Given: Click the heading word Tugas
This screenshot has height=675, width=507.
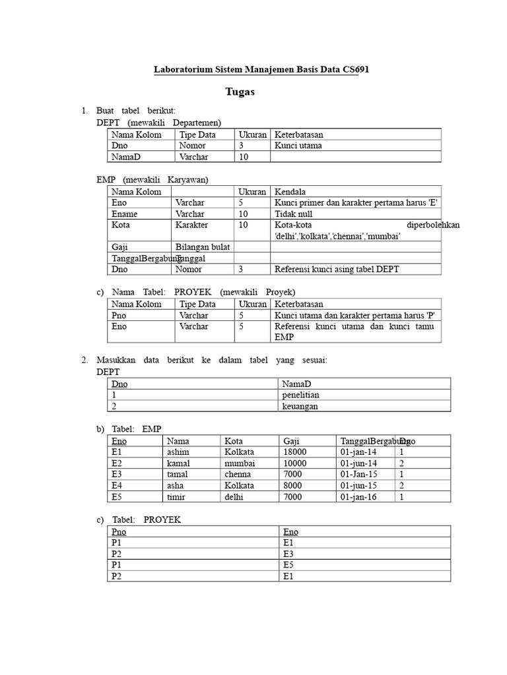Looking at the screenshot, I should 240,92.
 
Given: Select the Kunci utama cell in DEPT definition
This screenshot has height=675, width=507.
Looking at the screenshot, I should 298,146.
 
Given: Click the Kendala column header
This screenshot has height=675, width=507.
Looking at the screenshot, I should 290,192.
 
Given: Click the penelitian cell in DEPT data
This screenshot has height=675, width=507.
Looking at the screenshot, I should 300,395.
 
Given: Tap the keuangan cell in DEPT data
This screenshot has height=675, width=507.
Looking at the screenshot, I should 300,406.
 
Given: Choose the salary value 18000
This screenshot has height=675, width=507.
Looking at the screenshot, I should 295,452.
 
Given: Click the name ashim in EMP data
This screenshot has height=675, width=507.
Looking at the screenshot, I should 178,452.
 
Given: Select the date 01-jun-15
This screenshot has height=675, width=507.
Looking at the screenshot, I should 358,486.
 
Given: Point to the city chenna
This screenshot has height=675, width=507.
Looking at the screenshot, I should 238,475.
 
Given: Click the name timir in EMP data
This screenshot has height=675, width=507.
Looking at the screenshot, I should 176,497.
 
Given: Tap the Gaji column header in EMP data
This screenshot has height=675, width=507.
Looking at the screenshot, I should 291,441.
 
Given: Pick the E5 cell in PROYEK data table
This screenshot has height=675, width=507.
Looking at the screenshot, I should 288,565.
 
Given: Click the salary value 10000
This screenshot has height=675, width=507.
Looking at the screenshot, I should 295,463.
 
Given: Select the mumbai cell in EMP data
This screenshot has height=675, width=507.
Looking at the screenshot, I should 239,463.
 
